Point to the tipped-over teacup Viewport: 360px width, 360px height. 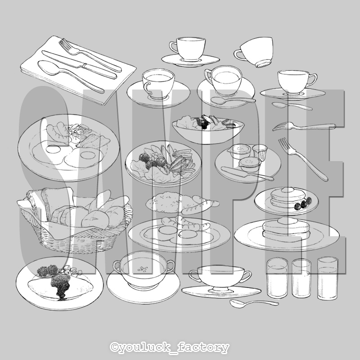[x=254, y=52]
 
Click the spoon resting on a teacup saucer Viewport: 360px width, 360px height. [x=233, y=100]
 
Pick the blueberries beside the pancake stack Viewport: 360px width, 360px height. [x=303, y=204]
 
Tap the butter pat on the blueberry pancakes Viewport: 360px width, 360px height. [x=287, y=189]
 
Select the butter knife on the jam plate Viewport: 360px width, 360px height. [x=247, y=173]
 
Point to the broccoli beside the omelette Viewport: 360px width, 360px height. [x=48, y=270]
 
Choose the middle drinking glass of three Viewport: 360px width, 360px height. [x=301, y=278]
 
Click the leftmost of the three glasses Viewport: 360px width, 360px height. [x=277, y=278]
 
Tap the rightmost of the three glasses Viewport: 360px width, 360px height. [x=328, y=278]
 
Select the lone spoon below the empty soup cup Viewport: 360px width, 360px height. [x=254, y=303]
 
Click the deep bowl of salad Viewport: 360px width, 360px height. [x=208, y=129]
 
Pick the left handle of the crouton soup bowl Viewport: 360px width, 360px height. [x=117, y=267]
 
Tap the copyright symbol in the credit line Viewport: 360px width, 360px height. [x=114, y=347]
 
